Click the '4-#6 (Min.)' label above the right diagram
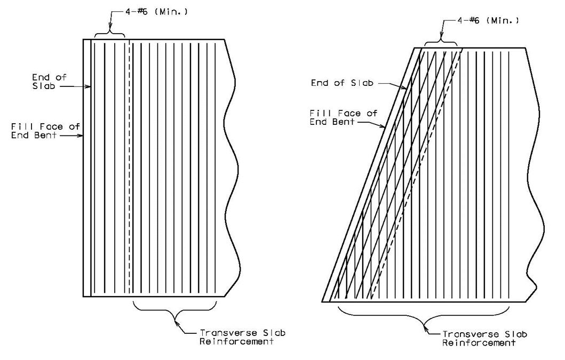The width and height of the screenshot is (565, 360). point(489,20)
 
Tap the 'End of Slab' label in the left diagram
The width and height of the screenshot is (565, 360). point(50,82)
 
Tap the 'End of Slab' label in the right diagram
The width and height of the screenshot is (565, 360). point(341,83)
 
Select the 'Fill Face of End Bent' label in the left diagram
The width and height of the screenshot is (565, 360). point(45,131)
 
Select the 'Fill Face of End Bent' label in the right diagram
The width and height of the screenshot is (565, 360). point(344,117)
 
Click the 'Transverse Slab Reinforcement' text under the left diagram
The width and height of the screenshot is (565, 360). point(243,337)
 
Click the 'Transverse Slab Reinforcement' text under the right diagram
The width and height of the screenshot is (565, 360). point(484,338)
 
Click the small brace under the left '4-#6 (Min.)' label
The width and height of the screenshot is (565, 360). point(110,34)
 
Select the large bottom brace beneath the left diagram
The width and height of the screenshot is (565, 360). point(175,310)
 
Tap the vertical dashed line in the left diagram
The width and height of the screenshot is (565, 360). point(129,167)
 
